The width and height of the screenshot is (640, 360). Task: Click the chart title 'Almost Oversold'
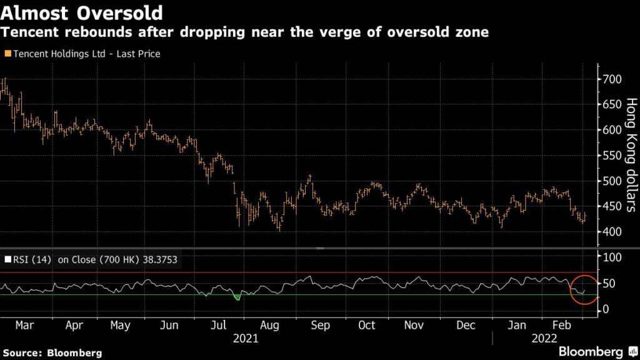82,12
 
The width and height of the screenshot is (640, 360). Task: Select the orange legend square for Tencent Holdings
7,54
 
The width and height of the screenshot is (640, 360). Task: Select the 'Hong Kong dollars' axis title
631,154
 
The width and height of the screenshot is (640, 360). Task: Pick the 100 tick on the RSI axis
612,257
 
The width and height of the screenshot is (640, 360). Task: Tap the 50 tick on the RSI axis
609,284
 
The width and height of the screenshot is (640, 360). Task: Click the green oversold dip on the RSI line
237,297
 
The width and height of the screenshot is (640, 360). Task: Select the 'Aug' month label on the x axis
270,326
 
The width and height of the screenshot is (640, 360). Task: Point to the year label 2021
246,339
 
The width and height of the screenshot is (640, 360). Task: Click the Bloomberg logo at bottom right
591,351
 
